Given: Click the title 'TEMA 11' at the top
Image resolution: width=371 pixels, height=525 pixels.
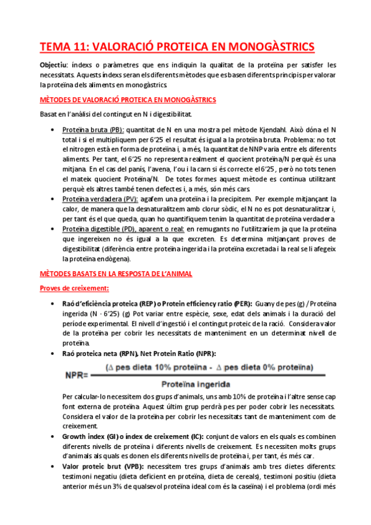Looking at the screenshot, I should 64,46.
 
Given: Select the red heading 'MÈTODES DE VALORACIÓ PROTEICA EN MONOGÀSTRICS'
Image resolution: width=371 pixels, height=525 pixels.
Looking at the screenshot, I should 127,100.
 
